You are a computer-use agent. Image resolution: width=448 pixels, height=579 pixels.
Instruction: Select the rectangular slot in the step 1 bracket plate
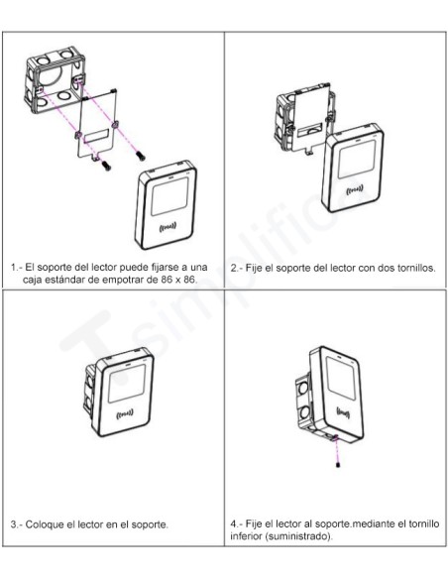(x=97, y=134)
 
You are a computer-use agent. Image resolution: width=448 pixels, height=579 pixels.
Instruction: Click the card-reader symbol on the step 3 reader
(x=126, y=413)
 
